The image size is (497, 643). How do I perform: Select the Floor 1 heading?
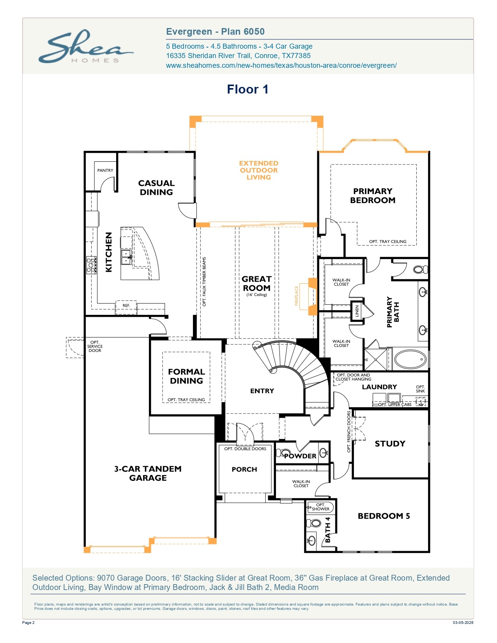(x=248, y=89)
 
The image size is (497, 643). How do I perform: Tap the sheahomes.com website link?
(x=281, y=65)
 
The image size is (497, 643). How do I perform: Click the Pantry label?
(x=105, y=170)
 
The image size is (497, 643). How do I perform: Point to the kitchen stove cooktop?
(x=92, y=265)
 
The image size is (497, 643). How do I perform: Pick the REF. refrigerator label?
(x=126, y=306)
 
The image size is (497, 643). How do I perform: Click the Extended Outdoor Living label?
(x=259, y=170)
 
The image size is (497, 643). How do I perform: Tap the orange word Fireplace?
(x=296, y=296)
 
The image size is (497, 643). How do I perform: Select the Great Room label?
(x=256, y=283)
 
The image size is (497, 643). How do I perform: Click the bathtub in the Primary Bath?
(x=410, y=359)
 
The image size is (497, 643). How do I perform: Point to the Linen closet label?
(x=357, y=311)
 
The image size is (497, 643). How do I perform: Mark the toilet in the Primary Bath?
(x=420, y=269)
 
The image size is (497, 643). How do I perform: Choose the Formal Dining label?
(x=186, y=376)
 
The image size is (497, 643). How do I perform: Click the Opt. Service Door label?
(x=95, y=346)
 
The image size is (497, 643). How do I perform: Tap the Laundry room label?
(x=379, y=387)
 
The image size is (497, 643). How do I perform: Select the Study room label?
(x=390, y=443)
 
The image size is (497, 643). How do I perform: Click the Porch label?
(x=244, y=469)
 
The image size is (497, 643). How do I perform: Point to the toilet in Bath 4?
(x=314, y=523)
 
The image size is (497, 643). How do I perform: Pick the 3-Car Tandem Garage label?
(x=148, y=473)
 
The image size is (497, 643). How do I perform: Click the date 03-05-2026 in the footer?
(x=463, y=623)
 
